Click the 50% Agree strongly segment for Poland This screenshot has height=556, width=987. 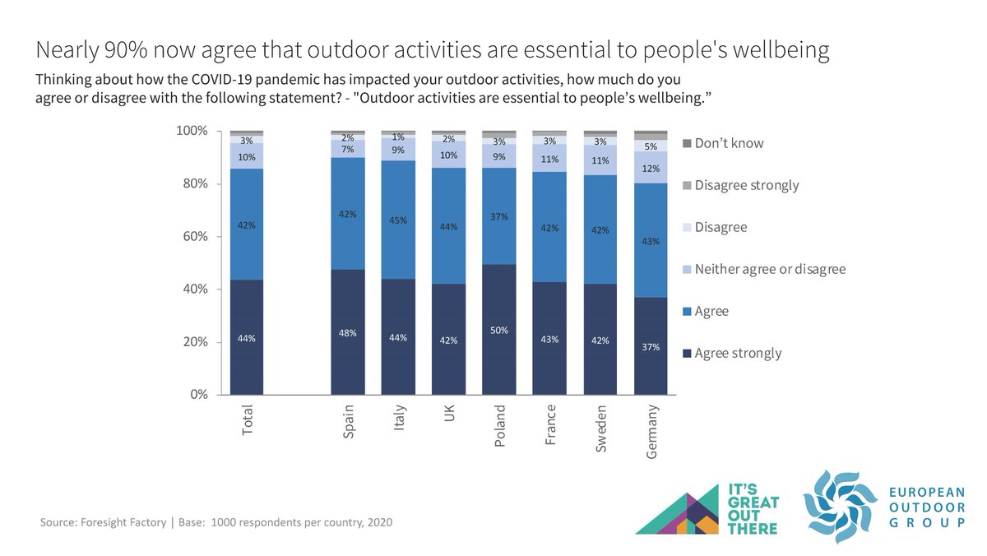(498, 329)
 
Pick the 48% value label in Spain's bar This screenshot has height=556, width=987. (347, 334)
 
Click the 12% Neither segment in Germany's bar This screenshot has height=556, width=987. (650, 168)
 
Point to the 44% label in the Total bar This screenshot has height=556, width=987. (246, 338)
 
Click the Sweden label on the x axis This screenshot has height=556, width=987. (600, 428)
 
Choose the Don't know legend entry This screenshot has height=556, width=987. (729, 143)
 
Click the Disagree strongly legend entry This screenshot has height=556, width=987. (746, 185)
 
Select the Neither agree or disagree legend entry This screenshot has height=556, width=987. (769, 269)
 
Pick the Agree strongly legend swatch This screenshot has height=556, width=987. (687, 354)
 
